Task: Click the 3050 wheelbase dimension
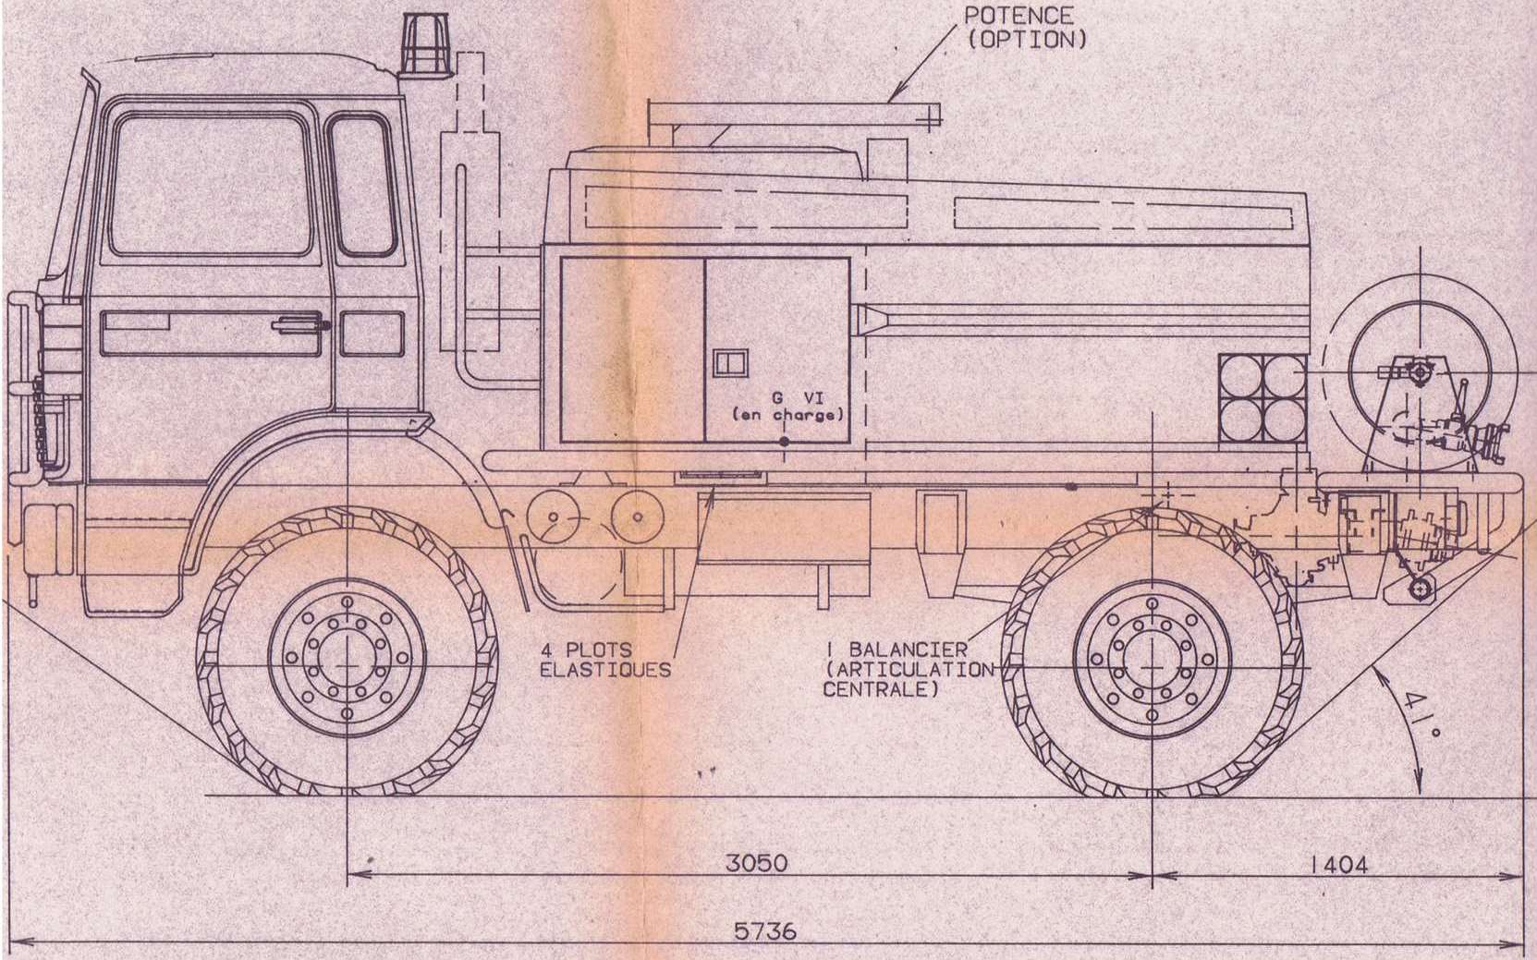[x=756, y=863]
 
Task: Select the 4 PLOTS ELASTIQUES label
[x=605, y=660]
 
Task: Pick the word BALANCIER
[x=908, y=650]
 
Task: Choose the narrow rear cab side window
[x=362, y=186]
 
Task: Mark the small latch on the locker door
[x=730, y=362]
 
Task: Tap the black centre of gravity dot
[x=784, y=442]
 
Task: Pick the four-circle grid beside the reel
[x=1262, y=398]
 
